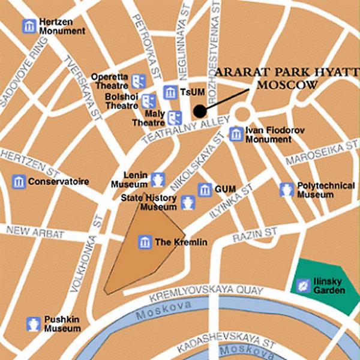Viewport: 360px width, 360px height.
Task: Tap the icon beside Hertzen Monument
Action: [28, 26]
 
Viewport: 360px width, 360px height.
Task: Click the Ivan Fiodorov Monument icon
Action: [236, 134]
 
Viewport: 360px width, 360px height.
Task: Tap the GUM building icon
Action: [205, 190]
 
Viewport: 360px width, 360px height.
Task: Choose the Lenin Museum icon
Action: [158, 179]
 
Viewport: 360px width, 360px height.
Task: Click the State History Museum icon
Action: [188, 202]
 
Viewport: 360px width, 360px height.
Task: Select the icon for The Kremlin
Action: [145, 242]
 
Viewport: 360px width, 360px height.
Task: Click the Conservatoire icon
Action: [19, 181]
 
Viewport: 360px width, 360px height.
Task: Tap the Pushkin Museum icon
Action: [33, 325]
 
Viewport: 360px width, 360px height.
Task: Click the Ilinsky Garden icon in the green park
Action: [304, 286]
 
